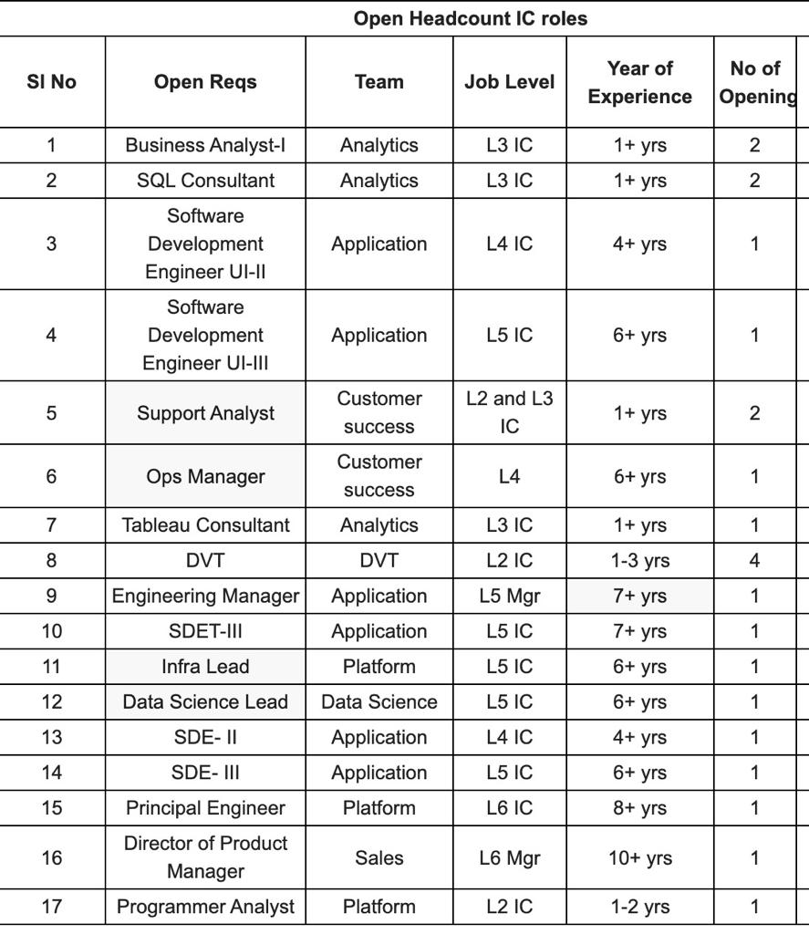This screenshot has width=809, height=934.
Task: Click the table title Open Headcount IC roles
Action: [470, 18]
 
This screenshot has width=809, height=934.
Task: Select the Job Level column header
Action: [509, 82]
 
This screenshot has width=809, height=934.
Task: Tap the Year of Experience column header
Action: [639, 82]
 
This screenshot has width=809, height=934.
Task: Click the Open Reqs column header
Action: [205, 82]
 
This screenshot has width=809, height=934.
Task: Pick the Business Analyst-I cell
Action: [205, 145]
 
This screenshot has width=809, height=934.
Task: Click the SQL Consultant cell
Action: [205, 181]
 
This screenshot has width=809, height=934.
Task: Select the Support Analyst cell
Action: [205, 413]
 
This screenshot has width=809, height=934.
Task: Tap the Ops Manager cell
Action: [205, 476]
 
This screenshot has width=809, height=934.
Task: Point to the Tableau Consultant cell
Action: [205, 525]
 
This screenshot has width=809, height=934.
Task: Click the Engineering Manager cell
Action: [205, 596]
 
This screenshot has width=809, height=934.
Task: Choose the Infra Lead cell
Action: [205, 667]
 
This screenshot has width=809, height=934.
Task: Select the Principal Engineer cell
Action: [205, 808]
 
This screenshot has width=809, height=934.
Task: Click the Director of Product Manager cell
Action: [205, 857]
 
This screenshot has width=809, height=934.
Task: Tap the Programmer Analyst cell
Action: [205, 907]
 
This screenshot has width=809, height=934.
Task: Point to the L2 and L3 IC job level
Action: [509, 413]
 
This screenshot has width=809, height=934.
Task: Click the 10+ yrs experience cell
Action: [639, 857]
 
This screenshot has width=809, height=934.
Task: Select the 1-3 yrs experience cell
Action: [639, 561]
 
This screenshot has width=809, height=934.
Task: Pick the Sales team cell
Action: [379, 857]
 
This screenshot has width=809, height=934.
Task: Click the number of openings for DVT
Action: [754, 561]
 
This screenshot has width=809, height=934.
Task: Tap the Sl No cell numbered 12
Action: [51, 702]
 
